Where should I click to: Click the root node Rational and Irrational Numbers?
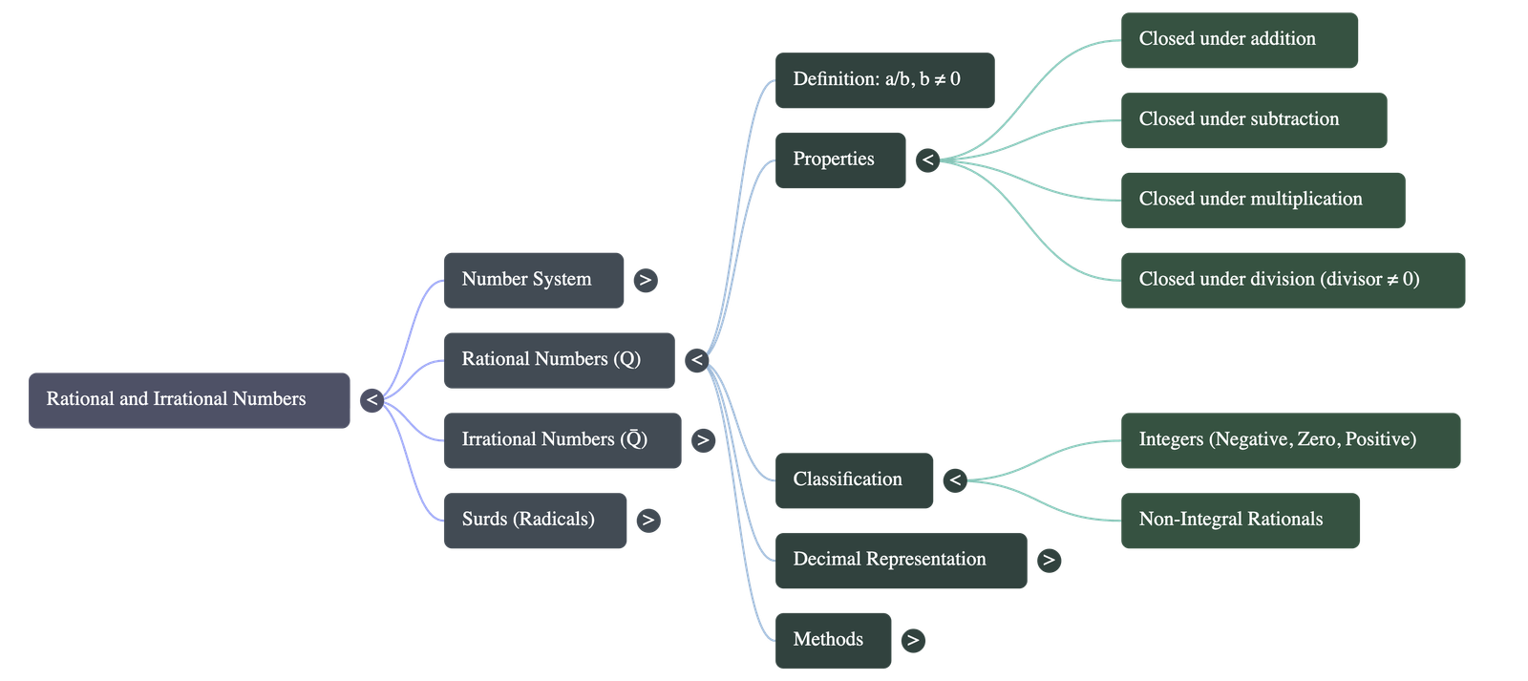(x=189, y=400)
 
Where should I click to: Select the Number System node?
(x=534, y=280)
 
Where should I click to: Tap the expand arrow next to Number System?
(x=646, y=280)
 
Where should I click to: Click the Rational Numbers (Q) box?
(x=559, y=360)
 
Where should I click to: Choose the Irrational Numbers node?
(x=562, y=440)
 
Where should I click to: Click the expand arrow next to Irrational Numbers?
(x=703, y=440)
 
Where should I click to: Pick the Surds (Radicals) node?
(x=535, y=521)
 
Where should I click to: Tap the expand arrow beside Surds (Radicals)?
(x=647, y=521)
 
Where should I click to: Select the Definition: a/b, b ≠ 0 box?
(x=884, y=80)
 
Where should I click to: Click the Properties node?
(x=839, y=160)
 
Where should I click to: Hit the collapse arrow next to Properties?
(x=927, y=160)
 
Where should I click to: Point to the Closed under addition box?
(x=1239, y=40)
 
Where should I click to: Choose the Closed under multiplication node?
(x=1262, y=201)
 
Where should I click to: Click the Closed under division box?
(x=1292, y=280)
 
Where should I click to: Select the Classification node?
(x=854, y=480)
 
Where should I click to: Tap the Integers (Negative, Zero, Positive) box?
(x=1289, y=440)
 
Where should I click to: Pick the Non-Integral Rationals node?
(x=1239, y=521)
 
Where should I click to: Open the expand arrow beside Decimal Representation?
(x=1049, y=561)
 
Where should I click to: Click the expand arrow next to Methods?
(x=913, y=641)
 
